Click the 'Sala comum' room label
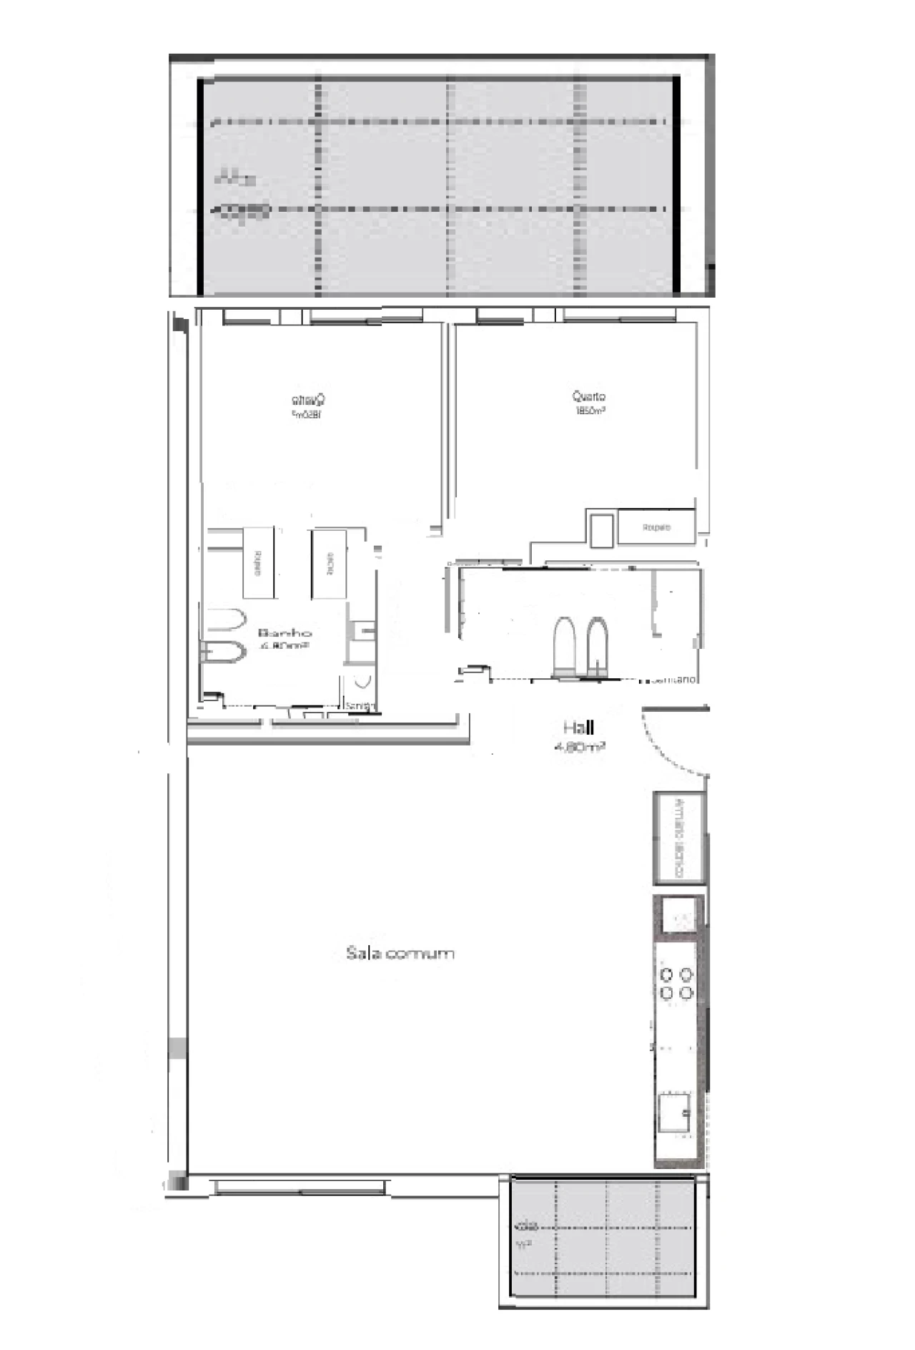[400, 953]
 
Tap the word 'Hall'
[578, 728]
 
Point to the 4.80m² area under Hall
[580, 747]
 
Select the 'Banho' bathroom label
[285, 633]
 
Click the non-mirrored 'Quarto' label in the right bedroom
[589, 396]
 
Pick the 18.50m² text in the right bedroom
[590, 411]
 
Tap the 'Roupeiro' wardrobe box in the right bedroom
[656, 527]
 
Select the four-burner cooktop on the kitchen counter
[676, 984]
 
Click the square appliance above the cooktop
[678, 916]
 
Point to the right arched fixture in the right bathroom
[598, 645]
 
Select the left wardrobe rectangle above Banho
[258, 562]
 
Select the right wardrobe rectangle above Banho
[328, 563]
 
